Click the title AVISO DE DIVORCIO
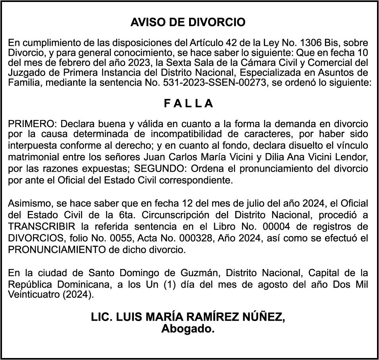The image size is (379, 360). point(188,22)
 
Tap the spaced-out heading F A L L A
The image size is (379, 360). point(189,104)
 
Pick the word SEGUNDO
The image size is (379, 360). point(159,168)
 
